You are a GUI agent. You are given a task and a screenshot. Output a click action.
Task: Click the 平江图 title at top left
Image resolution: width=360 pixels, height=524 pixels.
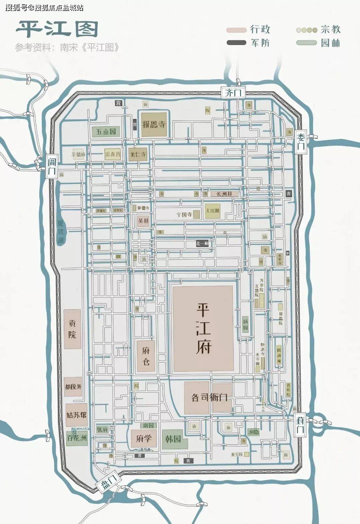57,29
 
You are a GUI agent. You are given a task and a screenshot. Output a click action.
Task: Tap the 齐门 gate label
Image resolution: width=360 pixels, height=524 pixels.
233,92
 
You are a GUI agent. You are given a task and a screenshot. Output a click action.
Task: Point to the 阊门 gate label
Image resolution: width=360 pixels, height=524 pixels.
52,167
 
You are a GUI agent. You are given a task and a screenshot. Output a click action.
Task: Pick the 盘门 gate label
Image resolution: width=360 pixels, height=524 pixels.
108,482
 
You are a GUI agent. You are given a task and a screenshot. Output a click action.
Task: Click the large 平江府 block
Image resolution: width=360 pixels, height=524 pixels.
203,328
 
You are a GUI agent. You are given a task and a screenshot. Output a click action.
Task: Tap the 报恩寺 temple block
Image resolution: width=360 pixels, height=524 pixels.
154,124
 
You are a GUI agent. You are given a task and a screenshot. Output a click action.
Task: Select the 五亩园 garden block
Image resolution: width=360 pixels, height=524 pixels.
106,132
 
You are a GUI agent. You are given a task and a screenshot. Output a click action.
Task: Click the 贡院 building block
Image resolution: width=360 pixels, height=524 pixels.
72,329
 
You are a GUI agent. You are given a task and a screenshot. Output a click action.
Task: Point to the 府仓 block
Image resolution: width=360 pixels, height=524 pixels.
146,356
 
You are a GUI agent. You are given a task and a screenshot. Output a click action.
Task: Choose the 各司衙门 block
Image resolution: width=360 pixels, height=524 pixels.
208,397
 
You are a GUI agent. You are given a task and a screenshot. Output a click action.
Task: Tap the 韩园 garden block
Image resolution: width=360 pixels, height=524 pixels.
173,439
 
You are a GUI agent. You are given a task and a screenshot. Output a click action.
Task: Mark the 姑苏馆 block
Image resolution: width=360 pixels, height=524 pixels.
76,415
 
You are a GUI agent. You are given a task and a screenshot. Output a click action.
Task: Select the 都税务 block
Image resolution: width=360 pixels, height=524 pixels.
73,387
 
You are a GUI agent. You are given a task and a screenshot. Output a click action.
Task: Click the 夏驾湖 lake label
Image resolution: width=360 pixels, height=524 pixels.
61,232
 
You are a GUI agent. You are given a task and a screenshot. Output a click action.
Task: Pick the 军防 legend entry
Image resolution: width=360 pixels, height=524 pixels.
248,43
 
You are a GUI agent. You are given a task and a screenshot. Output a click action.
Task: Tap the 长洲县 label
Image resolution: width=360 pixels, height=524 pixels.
225,194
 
